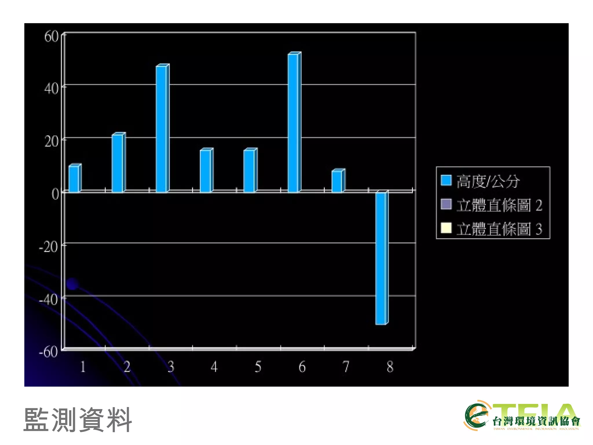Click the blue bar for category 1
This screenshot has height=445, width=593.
(x=74, y=178)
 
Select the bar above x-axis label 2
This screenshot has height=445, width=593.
(x=118, y=163)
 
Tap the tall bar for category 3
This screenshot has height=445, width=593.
(x=162, y=129)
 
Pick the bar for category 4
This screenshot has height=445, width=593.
(x=206, y=171)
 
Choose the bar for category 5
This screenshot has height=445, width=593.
(x=249, y=171)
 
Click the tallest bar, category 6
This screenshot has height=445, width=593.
(x=293, y=123)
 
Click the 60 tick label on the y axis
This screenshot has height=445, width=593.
(x=51, y=37)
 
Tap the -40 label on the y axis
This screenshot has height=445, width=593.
(x=48, y=300)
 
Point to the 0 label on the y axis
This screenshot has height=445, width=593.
(x=55, y=194)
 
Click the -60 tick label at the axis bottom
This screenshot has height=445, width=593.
(x=48, y=352)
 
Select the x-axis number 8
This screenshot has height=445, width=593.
(x=390, y=367)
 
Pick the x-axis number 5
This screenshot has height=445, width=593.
(x=258, y=367)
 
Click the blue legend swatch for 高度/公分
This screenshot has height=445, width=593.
(x=446, y=180)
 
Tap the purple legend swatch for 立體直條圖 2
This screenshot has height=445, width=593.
(x=446, y=204)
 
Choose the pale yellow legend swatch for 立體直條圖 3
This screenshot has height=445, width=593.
(x=446, y=228)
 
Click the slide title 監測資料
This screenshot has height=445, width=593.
(x=78, y=420)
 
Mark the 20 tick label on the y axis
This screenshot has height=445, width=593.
(x=51, y=142)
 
